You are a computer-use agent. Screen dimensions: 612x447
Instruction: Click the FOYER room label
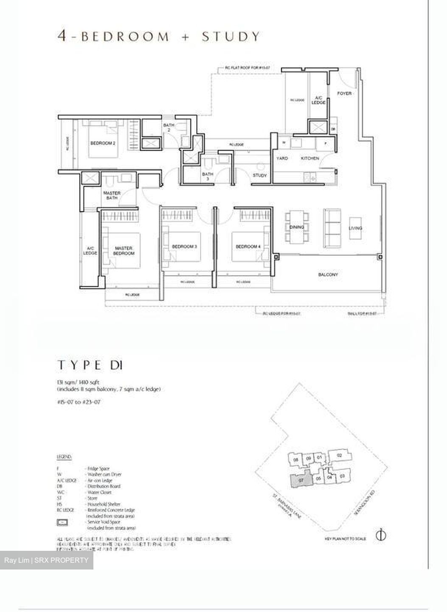pyautogui.click(x=344, y=93)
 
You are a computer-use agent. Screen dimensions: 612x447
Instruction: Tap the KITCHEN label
pyautogui.click(x=310, y=158)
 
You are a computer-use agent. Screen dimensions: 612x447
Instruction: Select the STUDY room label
pyautogui.click(x=260, y=176)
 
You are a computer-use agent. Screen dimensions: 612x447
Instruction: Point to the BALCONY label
pyautogui.click(x=328, y=275)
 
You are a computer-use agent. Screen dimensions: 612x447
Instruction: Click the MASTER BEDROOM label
pyautogui.click(x=124, y=250)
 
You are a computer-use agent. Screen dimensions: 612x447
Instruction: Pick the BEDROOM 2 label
pyautogui.click(x=103, y=143)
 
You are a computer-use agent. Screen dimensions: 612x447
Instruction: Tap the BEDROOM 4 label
pyautogui.click(x=248, y=246)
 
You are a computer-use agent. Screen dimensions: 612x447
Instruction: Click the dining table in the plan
pyautogui.click(x=297, y=227)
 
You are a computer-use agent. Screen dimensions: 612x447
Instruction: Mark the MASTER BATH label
pyautogui.click(x=112, y=195)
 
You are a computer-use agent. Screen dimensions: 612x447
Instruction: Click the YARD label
pyautogui.click(x=282, y=158)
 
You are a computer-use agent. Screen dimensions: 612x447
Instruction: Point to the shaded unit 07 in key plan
pyautogui.click(x=300, y=480)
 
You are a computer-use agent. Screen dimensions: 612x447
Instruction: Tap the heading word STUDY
pyautogui.click(x=231, y=37)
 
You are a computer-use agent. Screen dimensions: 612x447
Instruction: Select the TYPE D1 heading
pyautogui.click(x=90, y=365)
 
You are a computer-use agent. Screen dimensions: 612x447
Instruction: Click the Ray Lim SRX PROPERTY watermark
pyautogui.click(x=47, y=560)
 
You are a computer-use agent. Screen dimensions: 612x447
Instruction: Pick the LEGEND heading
pyautogui.click(x=64, y=457)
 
